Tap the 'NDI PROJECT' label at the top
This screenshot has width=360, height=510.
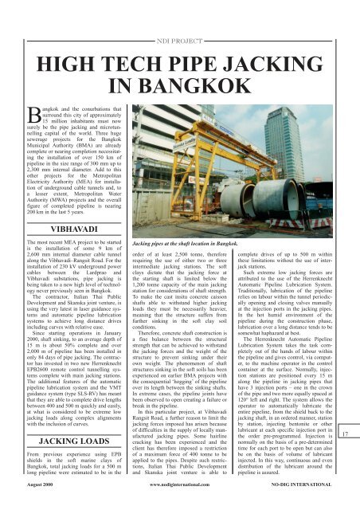179,15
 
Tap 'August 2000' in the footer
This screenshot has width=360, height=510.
29,503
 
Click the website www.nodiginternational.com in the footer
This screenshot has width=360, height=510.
180,503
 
